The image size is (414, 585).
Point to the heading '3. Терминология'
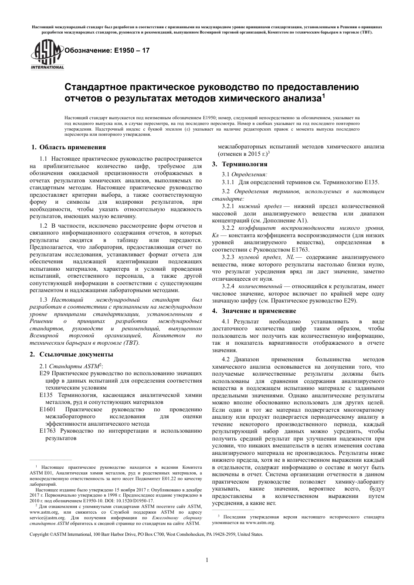pos(240,164)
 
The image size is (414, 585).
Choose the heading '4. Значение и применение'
pos(254,311)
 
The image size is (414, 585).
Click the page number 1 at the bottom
pos(207,560)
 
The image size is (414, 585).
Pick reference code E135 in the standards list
pos(46,395)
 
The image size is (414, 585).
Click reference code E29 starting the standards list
pos(44,373)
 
